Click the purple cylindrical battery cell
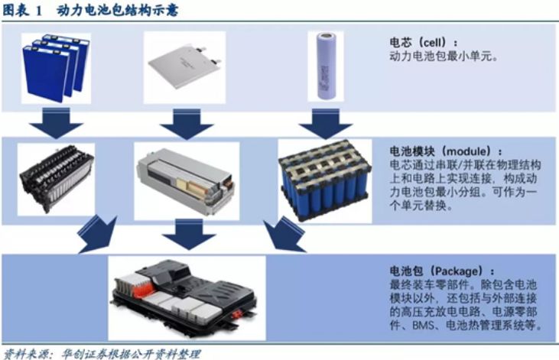[327, 66]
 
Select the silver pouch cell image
[184, 66]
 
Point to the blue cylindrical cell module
[325, 180]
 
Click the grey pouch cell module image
[186, 182]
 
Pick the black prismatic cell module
[57, 180]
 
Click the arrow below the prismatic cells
[57, 124]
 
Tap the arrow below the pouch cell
[187, 124]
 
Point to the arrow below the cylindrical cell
[326, 124]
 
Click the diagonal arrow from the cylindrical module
[285, 235]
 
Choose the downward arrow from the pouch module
[189, 235]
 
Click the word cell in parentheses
[432, 43]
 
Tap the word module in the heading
[468, 151]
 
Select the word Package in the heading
[459, 271]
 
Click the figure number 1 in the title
[39, 11]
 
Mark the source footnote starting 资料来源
[101, 354]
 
